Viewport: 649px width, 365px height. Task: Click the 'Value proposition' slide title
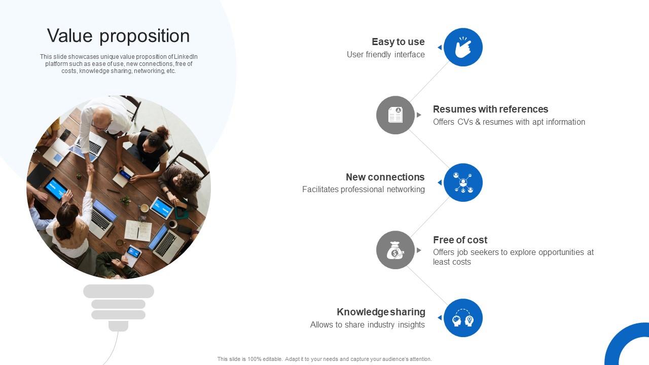click(119, 36)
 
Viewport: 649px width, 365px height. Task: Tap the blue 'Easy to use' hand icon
click(463, 47)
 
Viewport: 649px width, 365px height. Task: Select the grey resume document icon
click(395, 115)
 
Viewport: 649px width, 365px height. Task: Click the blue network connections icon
click(463, 182)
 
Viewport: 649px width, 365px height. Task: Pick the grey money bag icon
click(395, 250)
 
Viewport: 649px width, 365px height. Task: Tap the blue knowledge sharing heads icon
click(463, 318)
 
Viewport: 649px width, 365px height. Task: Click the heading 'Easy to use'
click(398, 42)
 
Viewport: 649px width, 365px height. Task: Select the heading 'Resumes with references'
click(490, 109)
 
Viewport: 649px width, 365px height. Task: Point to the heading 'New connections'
click(385, 177)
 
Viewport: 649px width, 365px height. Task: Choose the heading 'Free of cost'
click(460, 240)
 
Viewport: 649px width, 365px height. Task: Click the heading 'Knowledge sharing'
click(381, 312)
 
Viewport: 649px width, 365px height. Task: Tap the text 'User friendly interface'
click(385, 54)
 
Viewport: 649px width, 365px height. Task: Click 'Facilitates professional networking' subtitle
click(363, 189)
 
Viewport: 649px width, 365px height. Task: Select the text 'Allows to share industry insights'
click(367, 324)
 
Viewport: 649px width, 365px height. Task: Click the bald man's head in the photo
click(102, 115)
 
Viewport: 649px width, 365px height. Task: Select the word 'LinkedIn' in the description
click(186, 57)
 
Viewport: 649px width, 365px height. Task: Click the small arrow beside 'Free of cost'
click(419, 250)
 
